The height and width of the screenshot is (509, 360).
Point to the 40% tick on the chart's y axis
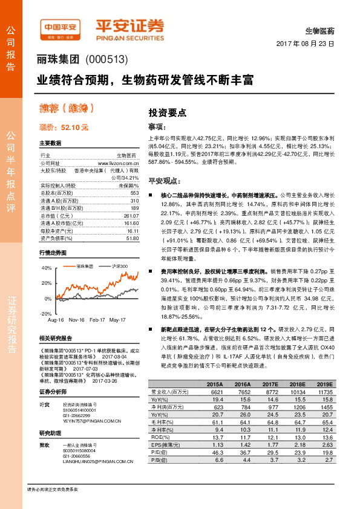click(x=47, y=267)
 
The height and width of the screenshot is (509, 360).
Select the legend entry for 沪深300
click(x=120, y=267)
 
